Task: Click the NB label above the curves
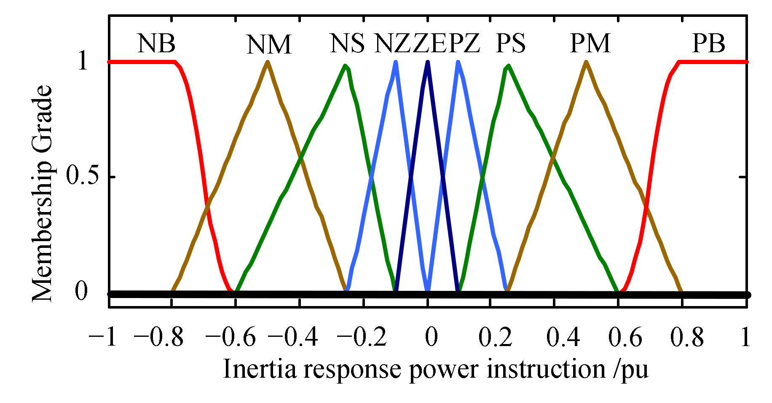[x=156, y=43]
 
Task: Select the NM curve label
[x=269, y=45]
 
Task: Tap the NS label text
[x=347, y=43]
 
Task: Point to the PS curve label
[x=510, y=43]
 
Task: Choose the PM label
[x=590, y=43]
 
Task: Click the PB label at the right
[x=708, y=43]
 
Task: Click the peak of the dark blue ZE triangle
[x=428, y=62]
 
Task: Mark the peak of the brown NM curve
[x=268, y=62]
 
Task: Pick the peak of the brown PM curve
[x=586, y=62]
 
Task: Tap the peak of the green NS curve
[x=346, y=66]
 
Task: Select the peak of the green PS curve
[x=509, y=66]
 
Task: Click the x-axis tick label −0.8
[x=159, y=337]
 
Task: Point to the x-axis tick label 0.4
[x=563, y=337]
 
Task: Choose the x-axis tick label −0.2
[x=363, y=337]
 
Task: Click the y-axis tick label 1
[x=83, y=62]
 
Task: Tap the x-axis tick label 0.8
[x=686, y=337]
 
